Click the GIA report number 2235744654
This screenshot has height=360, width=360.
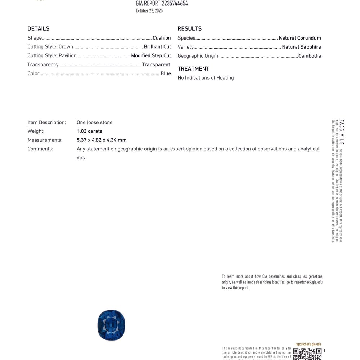coord(162,4)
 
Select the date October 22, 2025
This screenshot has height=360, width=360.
coord(149,11)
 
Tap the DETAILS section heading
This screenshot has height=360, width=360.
coord(38,29)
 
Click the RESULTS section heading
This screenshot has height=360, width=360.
coord(189,29)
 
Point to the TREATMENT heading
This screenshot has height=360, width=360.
coord(193,69)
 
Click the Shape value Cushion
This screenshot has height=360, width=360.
coord(162,38)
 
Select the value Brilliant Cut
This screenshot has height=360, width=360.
coord(157,47)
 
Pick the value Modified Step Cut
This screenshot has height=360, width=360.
coord(151,56)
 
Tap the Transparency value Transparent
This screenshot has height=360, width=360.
coord(156,65)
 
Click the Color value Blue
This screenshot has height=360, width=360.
coord(166,74)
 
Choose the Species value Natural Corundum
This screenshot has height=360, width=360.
coord(300,38)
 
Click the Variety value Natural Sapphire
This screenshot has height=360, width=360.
coord(301,47)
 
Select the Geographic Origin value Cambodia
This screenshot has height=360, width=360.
coord(310,56)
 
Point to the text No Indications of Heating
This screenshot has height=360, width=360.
coord(206,78)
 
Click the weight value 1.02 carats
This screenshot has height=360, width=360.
coord(89,131)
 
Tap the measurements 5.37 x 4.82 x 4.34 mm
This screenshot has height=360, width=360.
coord(102,140)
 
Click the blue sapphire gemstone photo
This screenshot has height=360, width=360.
coord(111,325)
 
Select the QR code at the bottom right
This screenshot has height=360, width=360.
coord(307,354)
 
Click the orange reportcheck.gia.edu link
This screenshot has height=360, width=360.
coord(308,344)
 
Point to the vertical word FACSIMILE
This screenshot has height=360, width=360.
coord(342,132)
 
